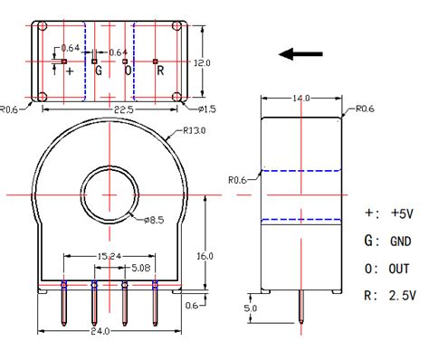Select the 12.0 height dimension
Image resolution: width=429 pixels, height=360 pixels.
[204, 63]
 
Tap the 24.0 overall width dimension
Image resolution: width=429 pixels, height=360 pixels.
[100, 331]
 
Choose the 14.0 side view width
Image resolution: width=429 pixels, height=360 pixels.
[300, 98]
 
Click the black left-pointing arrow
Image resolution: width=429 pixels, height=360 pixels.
[300, 55]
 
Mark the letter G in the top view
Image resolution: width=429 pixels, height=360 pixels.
[99, 70]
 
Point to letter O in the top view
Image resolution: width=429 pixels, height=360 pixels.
[128, 70]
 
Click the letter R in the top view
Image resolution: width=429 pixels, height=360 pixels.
[159, 70]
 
